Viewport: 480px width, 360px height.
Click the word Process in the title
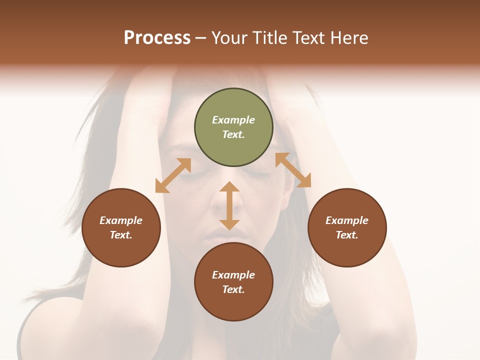(157, 38)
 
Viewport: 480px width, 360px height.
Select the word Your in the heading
(230, 38)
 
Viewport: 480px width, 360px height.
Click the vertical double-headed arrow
(229, 205)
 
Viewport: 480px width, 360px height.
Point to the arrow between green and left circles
(173, 175)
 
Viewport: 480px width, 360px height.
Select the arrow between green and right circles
(293, 170)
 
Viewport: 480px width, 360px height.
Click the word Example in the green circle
(233, 120)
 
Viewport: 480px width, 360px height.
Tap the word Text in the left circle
(121, 235)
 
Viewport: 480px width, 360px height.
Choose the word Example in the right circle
(347, 220)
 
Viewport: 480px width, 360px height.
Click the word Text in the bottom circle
(233, 289)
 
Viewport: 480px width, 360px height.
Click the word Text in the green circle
(233, 134)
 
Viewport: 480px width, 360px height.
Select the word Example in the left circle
(121, 220)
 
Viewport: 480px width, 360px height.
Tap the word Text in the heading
(308, 38)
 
